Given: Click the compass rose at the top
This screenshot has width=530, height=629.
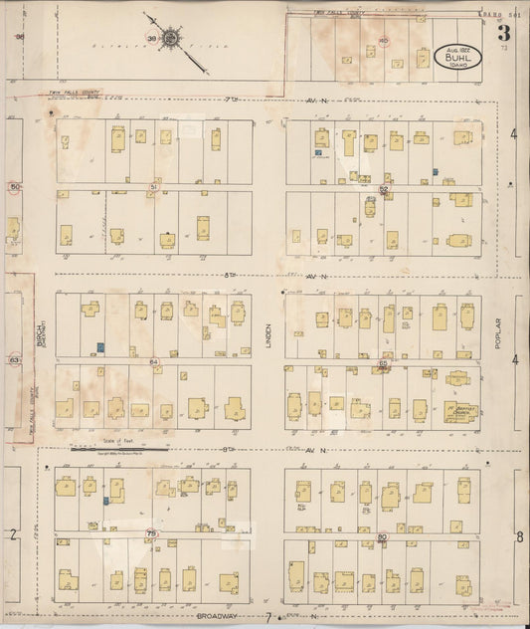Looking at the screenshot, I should click(171, 39).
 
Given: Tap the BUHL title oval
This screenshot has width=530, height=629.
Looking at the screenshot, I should click(457, 57).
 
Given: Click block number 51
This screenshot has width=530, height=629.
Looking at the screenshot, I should click(153, 186).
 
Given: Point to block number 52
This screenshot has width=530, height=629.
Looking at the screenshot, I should click(383, 186).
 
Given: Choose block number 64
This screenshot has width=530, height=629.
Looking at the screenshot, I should click(154, 360).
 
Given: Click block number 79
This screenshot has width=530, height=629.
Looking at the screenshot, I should click(152, 533).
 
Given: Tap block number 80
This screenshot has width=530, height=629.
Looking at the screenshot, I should click(382, 536).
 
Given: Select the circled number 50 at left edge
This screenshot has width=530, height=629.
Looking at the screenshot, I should click(14, 186).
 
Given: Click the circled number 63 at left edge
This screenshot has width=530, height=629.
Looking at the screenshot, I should click(14, 359).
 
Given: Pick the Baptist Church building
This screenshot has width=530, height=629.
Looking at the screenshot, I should click(460, 409).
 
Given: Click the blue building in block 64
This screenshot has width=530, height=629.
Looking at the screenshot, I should click(100, 347).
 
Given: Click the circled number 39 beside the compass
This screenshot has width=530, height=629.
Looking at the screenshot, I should click(151, 40).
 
